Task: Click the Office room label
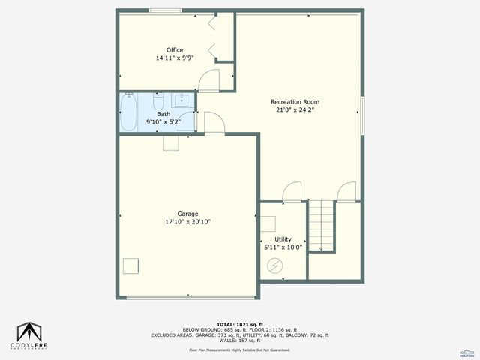click(175, 50)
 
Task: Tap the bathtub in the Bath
click(128, 112)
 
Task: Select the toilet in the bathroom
click(158, 101)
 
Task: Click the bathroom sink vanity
click(182, 100)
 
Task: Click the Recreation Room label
click(295, 102)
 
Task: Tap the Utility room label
click(283, 239)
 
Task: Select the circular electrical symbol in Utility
click(274, 265)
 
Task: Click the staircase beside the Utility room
click(321, 226)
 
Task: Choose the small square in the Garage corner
click(131, 265)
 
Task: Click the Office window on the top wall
click(164, 10)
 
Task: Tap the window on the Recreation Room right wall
click(362, 115)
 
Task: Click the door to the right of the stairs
click(347, 193)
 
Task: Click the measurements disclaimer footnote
click(239, 349)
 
